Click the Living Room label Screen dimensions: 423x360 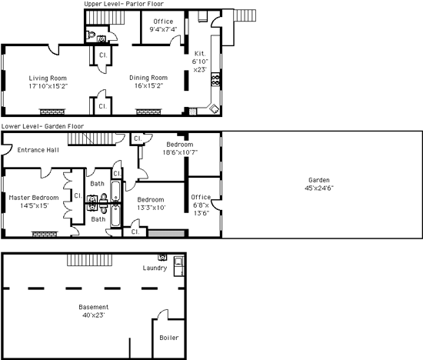click(x=48, y=78)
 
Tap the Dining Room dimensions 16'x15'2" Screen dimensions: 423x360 click(x=149, y=86)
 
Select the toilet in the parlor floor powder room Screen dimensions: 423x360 click(x=91, y=35)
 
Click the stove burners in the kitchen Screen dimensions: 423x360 click(x=215, y=79)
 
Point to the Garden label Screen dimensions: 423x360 click(x=319, y=180)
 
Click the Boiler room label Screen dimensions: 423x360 click(x=169, y=338)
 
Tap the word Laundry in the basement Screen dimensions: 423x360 click(x=155, y=268)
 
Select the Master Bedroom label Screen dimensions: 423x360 click(x=34, y=198)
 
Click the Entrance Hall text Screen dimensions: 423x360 click(x=38, y=150)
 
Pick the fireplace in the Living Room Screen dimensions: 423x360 click(x=52, y=112)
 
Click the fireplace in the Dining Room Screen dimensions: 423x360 click(x=148, y=112)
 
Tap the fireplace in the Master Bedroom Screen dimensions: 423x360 click(x=45, y=234)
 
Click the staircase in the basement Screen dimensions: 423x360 click(x=89, y=260)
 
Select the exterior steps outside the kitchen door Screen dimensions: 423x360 click(x=245, y=15)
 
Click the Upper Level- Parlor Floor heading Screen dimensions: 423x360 click(x=124, y=4)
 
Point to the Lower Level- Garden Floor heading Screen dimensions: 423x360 click(x=42, y=126)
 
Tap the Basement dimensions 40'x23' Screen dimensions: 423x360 click(x=94, y=315)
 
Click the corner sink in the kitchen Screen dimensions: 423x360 click(x=215, y=108)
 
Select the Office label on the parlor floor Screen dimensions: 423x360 click(x=163, y=22)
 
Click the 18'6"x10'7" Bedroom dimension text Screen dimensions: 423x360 click(x=180, y=152)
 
